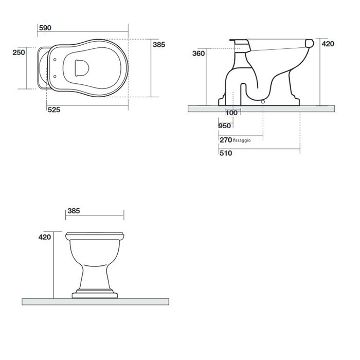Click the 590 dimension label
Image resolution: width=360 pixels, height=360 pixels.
pos(45,28)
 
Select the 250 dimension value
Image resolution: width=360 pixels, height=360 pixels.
pos(19,52)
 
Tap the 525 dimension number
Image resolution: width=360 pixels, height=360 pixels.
pos(54,110)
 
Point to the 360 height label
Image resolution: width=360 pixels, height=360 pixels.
pos(199,53)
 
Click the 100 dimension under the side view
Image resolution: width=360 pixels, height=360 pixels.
pos(231,113)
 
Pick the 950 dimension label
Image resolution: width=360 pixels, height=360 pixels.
pos(225,126)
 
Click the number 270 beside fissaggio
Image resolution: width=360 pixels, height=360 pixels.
pos(226,140)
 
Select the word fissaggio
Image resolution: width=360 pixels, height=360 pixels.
pos(242,140)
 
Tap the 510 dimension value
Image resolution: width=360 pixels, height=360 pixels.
pos(226,153)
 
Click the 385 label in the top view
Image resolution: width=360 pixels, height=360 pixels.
pos(159,45)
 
